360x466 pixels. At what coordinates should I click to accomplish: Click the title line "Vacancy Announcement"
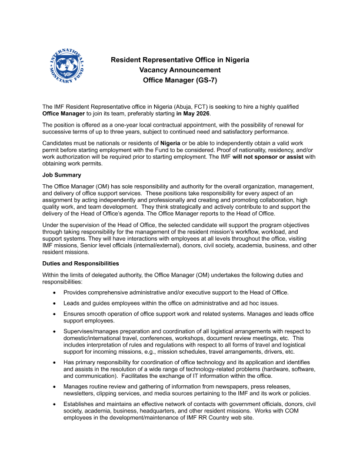click(x=180, y=69)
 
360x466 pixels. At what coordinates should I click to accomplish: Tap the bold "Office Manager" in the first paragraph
click(x=64, y=112)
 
